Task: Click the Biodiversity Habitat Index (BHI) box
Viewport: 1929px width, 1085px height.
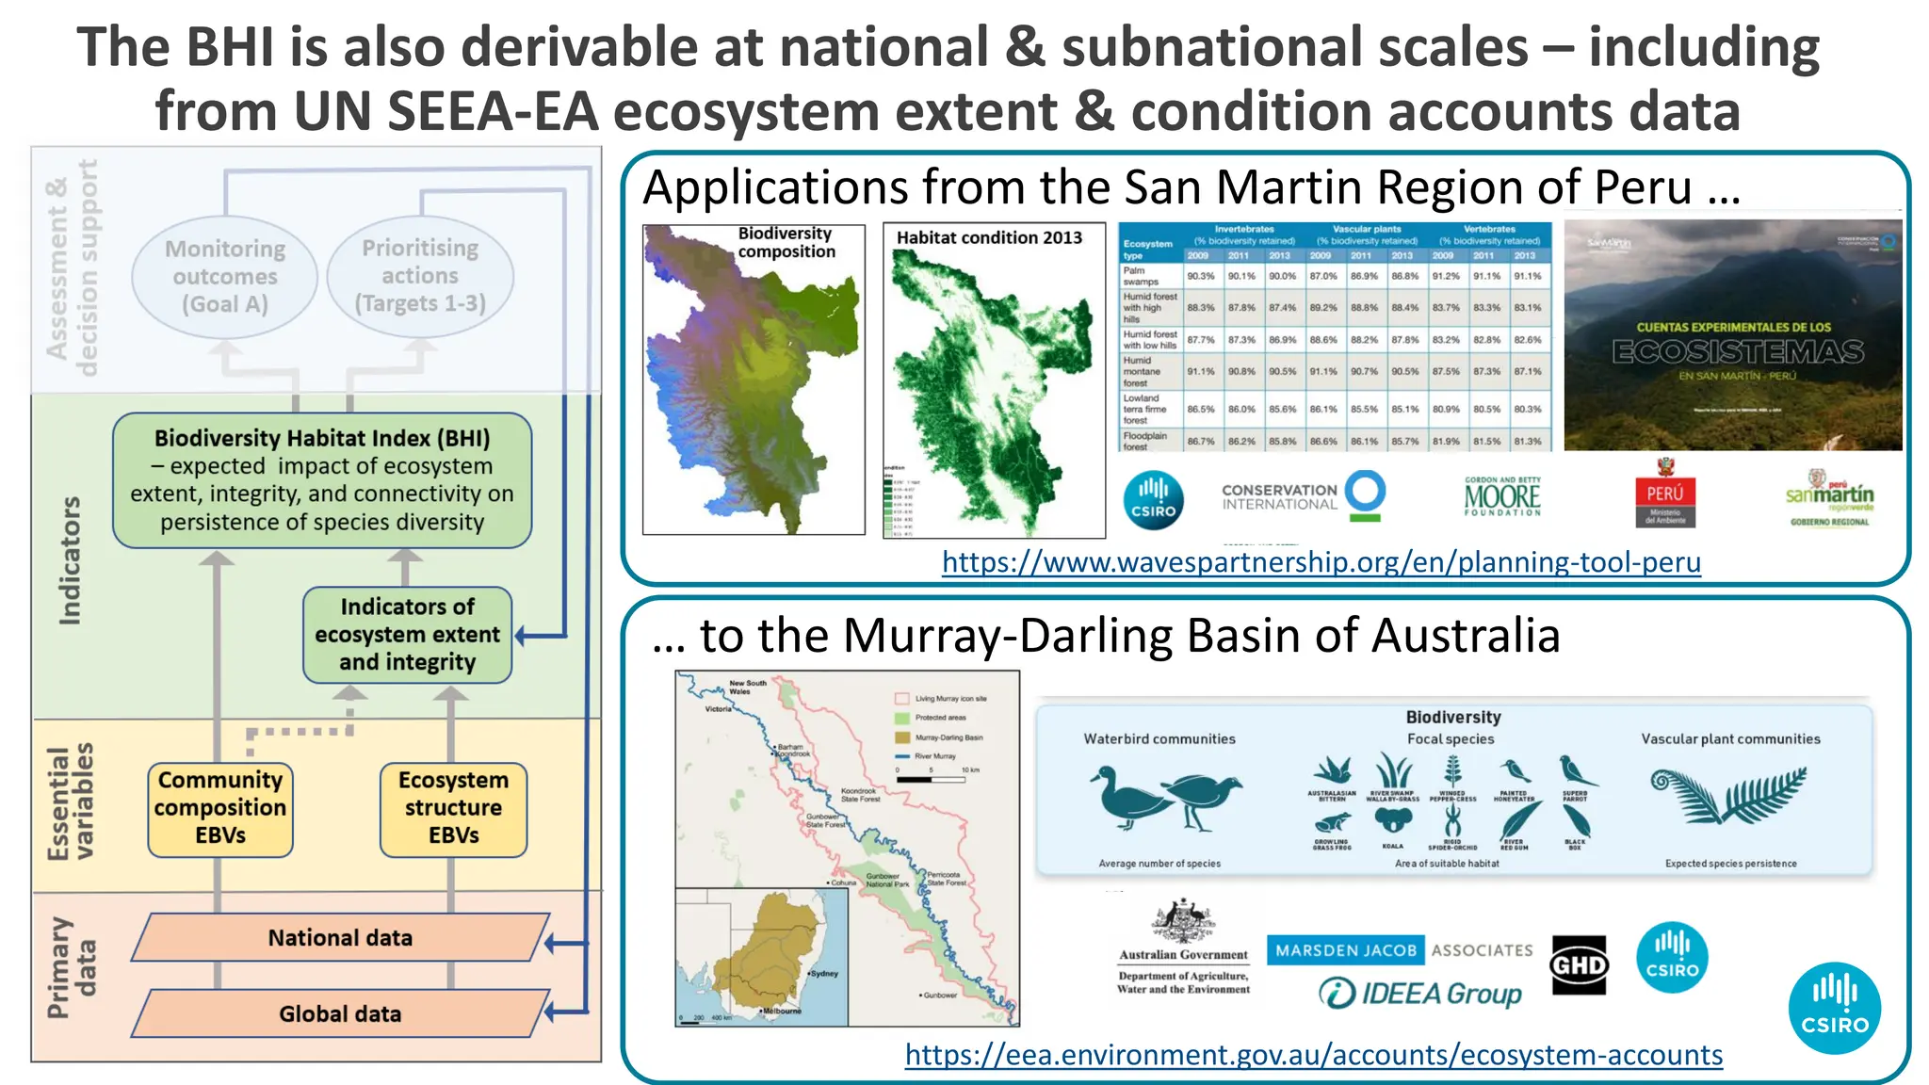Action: (x=322, y=480)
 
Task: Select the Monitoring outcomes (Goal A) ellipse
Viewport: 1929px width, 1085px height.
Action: (x=224, y=276)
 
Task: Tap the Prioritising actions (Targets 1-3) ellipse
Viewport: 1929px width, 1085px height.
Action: (x=420, y=275)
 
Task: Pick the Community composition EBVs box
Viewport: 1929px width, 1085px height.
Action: (x=220, y=808)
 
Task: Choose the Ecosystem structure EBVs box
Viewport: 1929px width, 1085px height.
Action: (x=453, y=808)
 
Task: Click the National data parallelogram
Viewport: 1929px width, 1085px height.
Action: (x=340, y=938)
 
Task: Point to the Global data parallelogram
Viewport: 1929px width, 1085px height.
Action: (x=340, y=1014)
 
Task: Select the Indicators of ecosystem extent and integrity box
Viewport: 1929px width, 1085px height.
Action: (x=407, y=635)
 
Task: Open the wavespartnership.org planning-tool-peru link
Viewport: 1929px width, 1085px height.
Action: (x=1321, y=562)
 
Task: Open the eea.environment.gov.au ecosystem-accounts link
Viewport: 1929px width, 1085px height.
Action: (x=1313, y=1055)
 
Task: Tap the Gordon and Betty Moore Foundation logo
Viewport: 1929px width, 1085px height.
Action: (x=1502, y=496)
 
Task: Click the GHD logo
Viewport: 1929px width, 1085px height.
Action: (x=1579, y=965)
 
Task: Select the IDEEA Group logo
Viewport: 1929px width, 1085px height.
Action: (x=1420, y=994)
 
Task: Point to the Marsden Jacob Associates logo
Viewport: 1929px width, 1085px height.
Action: (x=1400, y=950)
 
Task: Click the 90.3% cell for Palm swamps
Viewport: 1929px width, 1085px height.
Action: (x=1201, y=276)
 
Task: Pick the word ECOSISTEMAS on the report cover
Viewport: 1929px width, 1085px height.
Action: (x=1738, y=352)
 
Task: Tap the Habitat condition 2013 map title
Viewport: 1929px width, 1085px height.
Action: (x=989, y=238)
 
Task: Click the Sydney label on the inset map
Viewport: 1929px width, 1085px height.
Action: (x=824, y=974)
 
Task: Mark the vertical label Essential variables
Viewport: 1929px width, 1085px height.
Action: (x=71, y=802)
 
